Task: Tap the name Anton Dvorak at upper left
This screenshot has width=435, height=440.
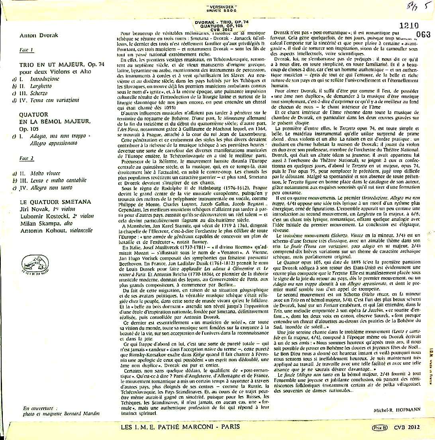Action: point(39,35)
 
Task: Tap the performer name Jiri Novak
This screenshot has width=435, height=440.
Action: point(35,208)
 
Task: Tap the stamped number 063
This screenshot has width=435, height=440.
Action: point(423,34)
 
